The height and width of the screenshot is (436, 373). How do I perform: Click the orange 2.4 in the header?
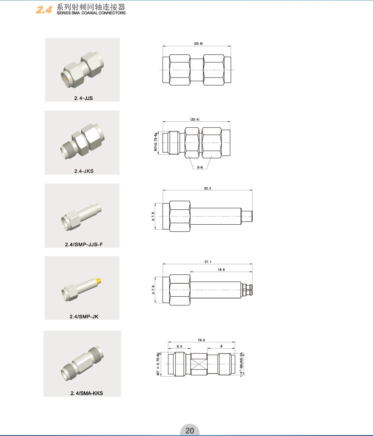(44, 10)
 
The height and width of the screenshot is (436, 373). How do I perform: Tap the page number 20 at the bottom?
(189, 430)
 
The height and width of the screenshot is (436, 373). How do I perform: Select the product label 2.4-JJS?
(84, 98)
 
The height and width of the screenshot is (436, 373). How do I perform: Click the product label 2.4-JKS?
(84, 171)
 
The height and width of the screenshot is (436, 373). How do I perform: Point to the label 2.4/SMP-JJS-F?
(84, 245)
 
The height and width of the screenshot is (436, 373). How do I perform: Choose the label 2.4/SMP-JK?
(84, 317)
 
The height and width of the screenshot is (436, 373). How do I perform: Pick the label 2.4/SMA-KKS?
(87, 393)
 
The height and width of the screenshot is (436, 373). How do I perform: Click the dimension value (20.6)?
(198, 43)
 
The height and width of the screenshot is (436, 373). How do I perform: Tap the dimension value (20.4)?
(195, 119)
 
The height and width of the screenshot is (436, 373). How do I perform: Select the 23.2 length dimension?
(207, 188)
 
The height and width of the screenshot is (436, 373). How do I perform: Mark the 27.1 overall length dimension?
(208, 262)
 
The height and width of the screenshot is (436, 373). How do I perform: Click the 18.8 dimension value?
(221, 270)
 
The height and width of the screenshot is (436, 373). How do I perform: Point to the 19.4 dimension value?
(201, 340)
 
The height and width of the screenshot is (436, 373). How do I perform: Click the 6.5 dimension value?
(179, 346)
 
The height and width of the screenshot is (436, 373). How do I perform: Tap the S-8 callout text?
(200, 167)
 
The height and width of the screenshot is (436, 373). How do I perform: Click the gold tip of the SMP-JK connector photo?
(99, 281)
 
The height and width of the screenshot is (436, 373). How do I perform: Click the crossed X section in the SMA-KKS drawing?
(199, 364)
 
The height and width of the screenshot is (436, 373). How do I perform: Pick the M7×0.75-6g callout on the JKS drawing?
(156, 142)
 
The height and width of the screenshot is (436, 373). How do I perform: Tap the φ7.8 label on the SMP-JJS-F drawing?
(153, 217)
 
